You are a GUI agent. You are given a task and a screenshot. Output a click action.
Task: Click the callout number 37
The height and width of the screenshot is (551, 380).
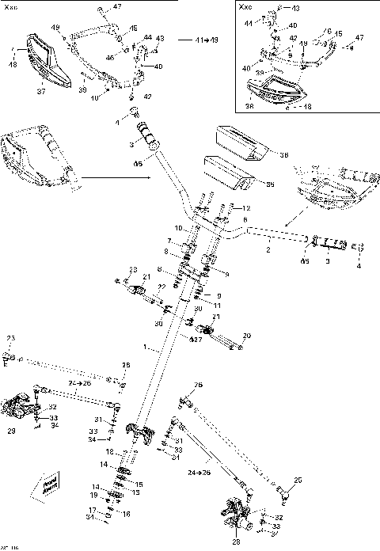(x=42, y=91)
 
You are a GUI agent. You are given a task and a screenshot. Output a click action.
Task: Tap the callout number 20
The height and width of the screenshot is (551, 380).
(x=246, y=336)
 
